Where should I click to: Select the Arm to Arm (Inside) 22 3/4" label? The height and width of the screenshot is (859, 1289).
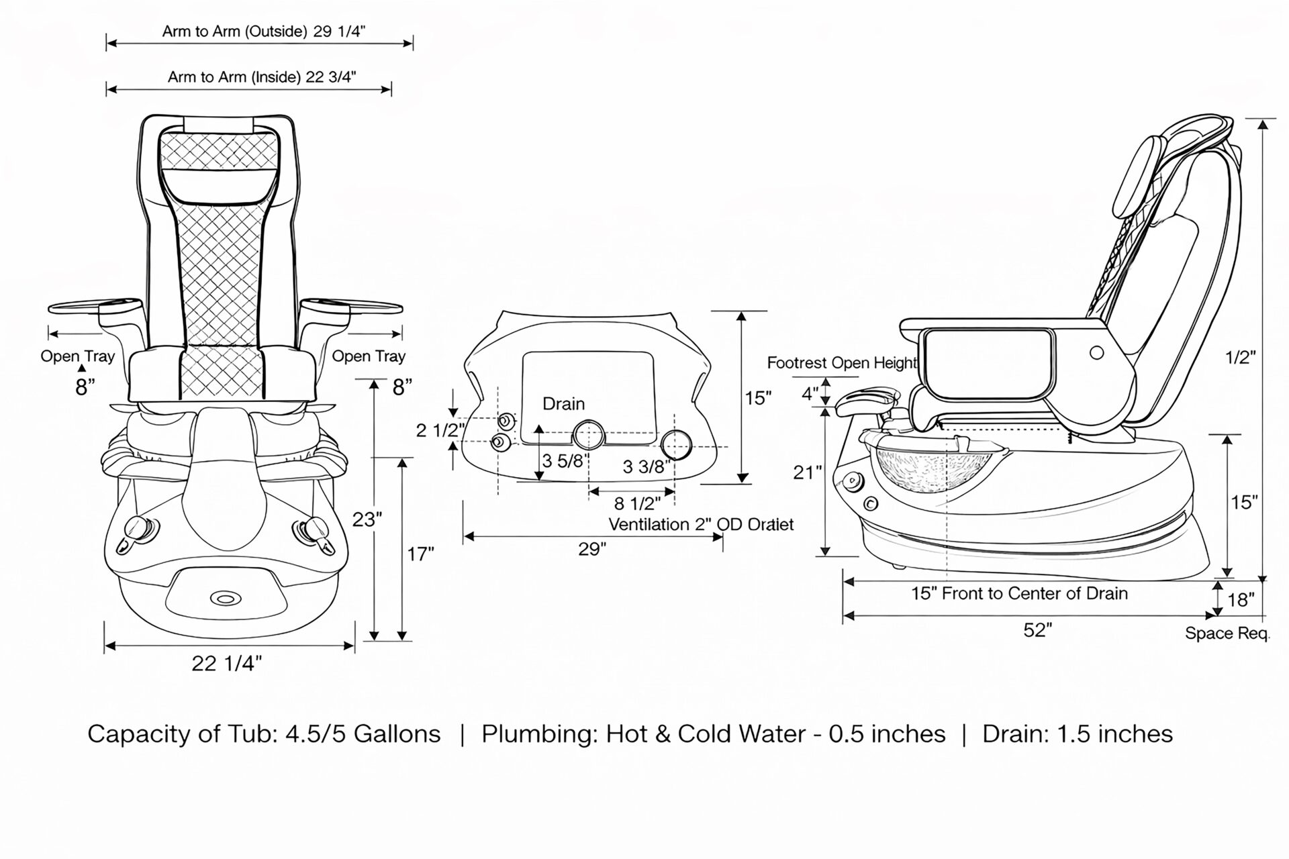[x=262, y=77]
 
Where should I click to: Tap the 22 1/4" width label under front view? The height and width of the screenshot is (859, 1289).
[x=226, y=664]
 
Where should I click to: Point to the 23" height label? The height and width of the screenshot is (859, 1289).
[x=367, y=519]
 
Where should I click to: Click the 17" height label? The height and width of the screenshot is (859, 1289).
[x=420, y=554]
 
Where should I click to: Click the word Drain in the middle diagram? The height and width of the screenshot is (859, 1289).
[x=563, y=404]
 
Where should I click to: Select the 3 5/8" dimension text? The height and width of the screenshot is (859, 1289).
[x=565, y=461]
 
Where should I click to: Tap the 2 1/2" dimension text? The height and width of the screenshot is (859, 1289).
[x=440, y=430]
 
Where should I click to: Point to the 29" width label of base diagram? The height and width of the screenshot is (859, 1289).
[x=592, y=550]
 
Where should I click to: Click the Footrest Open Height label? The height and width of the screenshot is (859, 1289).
[x=842, y=363]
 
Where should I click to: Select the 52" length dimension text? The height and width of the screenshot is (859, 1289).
[x=1037, y=630]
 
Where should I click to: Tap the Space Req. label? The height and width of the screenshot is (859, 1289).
[x=1227, y=634]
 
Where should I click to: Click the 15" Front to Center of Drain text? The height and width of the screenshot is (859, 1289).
[x=1019, y=593]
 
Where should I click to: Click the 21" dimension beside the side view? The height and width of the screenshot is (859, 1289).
[x=807, y=472]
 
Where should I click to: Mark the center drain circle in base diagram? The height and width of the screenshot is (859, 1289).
[x=589, y=435]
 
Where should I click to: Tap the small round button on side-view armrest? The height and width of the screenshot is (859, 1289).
[x=1096, y=352]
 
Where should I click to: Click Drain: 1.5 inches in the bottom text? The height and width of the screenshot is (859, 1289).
[x=1077, y=734]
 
